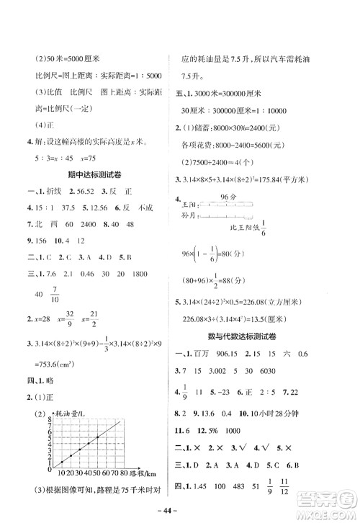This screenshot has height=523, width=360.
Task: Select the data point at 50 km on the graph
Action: (x=97, y=437)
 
